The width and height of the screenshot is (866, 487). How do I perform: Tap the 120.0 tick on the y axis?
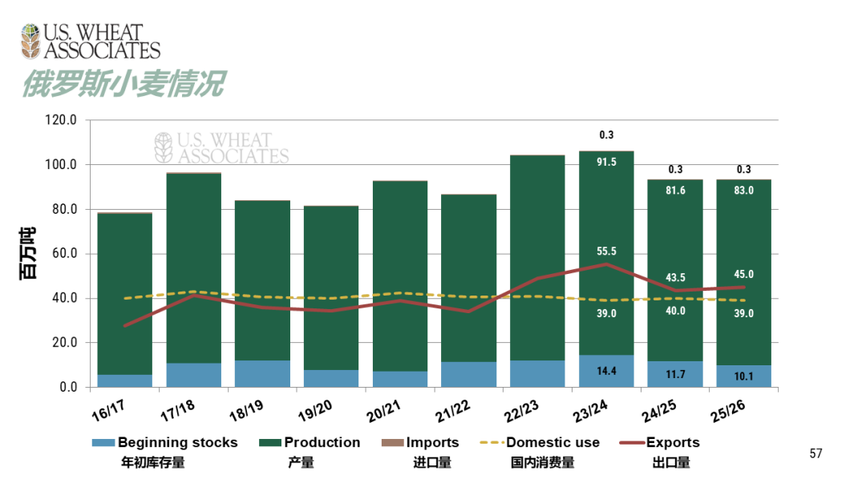[x=61, y=120]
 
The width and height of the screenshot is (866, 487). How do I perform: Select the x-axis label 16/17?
[x=110, y=409]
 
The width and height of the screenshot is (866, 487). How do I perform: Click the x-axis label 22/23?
[x=522, y=409]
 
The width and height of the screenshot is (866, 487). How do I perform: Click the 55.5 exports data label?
[x=606, y=252]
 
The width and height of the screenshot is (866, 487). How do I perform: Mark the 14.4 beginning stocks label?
[x=606, y=372]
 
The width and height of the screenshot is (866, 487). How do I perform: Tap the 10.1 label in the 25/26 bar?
[x=743, y=376]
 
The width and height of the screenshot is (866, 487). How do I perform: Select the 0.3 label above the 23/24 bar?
[x=606, y=135]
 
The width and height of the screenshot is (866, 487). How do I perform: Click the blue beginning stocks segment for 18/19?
[x=262, y=374]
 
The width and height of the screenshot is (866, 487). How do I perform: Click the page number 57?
[x=815, y=453]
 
